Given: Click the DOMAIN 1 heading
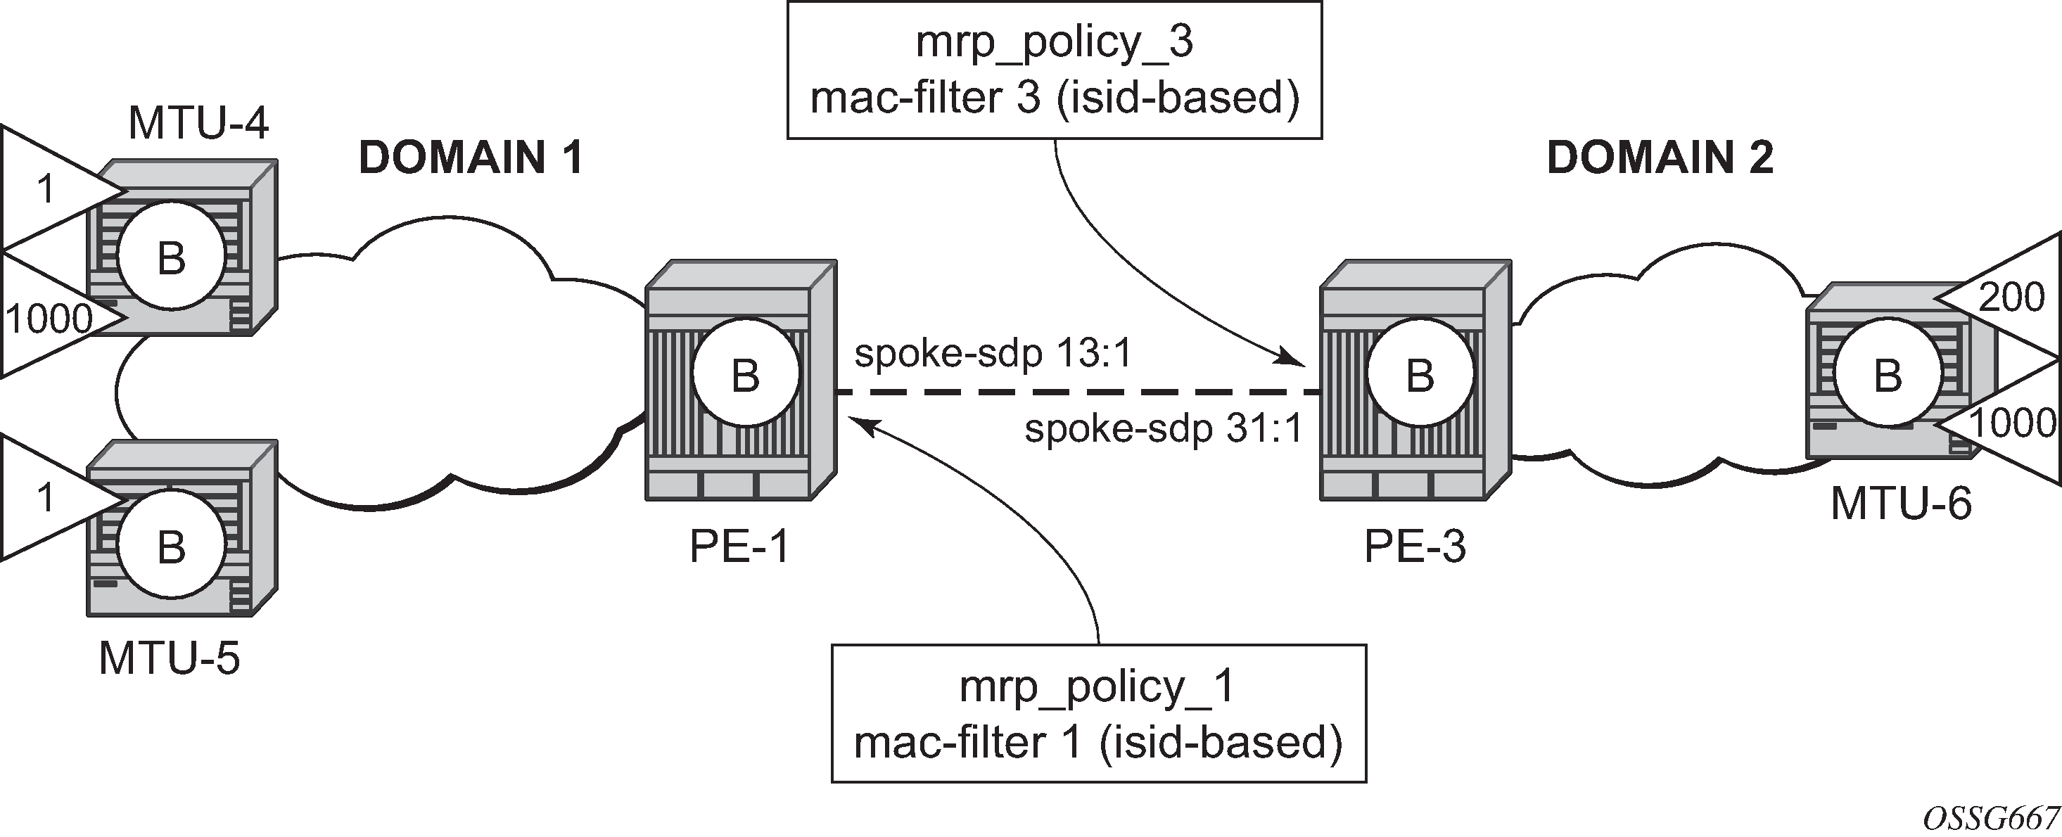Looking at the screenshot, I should click(x=471, y=158).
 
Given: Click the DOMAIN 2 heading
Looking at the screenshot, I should click(x=1660, y=158).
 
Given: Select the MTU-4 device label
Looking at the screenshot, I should click(x=198, y=123).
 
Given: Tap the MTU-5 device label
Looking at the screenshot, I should click(x=169, y=658).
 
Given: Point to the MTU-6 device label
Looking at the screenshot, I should click(x=1901, y=504).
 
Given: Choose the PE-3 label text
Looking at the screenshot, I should click(x=1415, y=547).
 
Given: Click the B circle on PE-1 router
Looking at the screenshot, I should click(x=745, y=374).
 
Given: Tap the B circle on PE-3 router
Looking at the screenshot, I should click(x=1420, y=374).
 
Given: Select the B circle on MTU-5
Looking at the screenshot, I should click(x=171, y=547).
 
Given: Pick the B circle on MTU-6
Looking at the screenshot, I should click(x=1888, y=374).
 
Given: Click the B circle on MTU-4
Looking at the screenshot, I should click(x=171, y=257).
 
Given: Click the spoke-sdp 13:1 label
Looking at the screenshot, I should click(x=993, y=353).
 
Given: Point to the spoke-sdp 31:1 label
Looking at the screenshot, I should click(x=1164, y=429).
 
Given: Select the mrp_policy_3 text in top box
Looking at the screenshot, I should click(x=1054, y=41).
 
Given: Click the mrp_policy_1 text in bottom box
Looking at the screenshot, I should click(x=1097, y=686).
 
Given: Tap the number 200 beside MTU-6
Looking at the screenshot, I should click(x=2011, y=298).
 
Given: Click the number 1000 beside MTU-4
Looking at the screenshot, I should click(x=50, y=319).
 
